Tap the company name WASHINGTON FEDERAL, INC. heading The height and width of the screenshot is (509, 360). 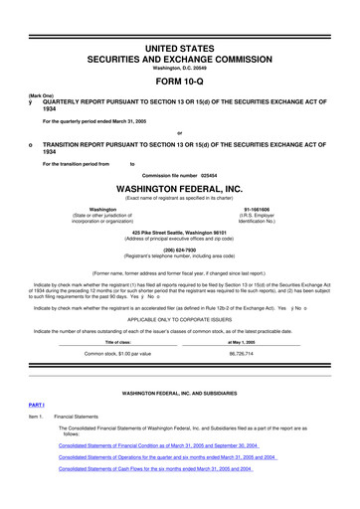click(180, 186)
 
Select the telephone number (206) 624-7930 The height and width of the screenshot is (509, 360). click(180, 251)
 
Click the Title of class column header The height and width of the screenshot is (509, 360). click(117, 342)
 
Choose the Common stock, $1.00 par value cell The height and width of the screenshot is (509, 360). click(117, 353)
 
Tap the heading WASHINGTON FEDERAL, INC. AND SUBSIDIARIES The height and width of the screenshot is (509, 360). click(180, 393)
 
